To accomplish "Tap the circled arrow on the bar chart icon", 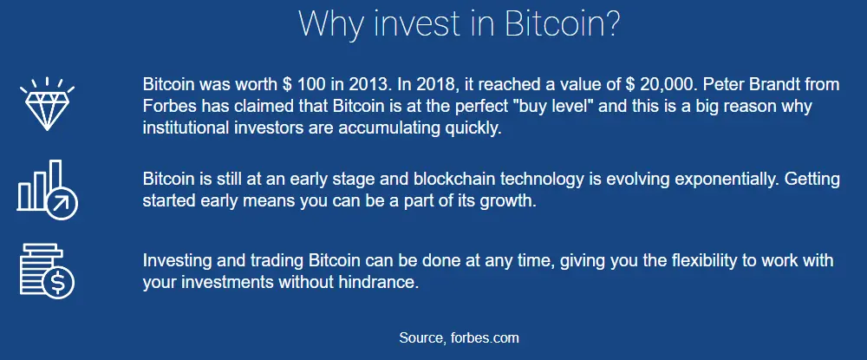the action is point(62,204).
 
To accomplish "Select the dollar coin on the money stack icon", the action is point(58,283).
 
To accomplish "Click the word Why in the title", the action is point(327,23).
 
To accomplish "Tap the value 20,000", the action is point(671,85).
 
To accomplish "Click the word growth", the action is point(511,201).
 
